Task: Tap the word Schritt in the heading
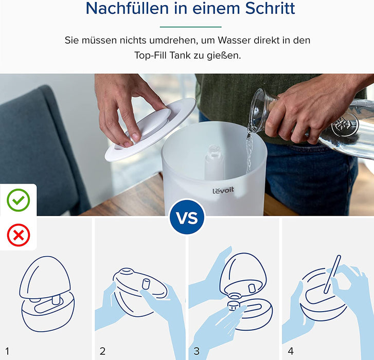(x=269, y=9)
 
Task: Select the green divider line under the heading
(x=190, y=27)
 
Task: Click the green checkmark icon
(x=18, y=200)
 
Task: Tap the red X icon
(x=18, y=236)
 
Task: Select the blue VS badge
(x=187, y=218)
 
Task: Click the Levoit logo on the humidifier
(x=223, y=191)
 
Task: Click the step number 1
(x=7, y=351)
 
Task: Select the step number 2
(x=102, y=351)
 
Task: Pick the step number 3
(x=197, y=351)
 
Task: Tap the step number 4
(x=291, y=351)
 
